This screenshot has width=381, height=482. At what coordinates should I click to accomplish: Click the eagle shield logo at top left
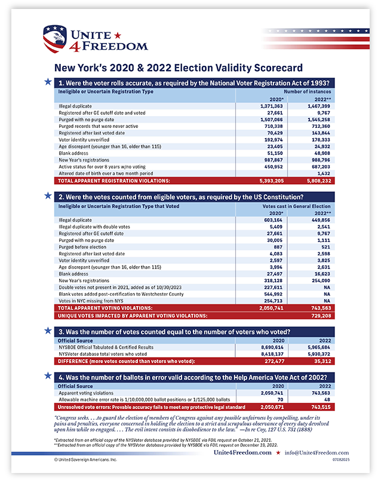coord(54,39)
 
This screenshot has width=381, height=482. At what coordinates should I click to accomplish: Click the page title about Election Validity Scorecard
coord(179,68)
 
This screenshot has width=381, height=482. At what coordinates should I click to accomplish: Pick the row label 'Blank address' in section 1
coord(75,153)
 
